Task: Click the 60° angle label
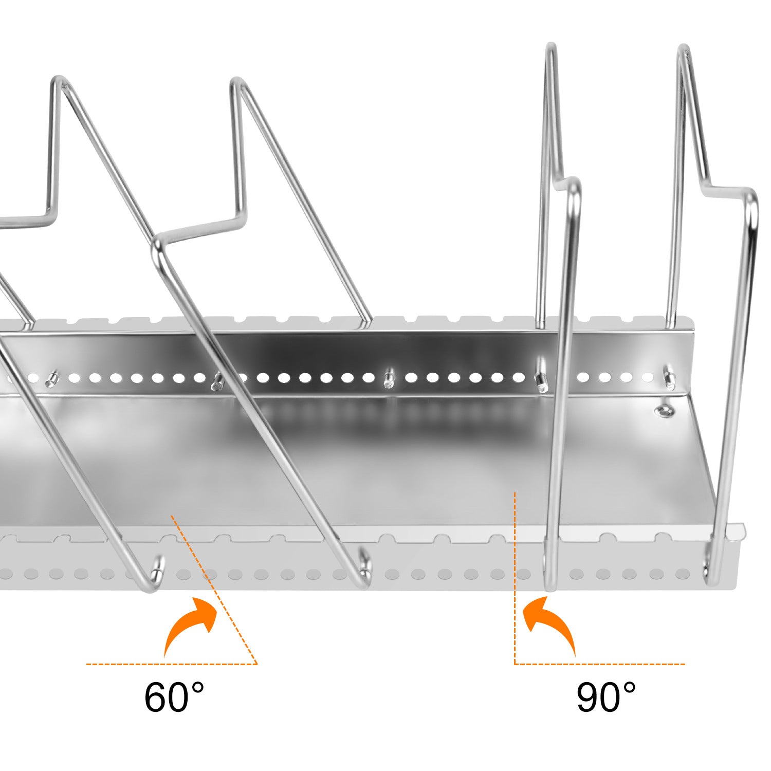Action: point(174,697)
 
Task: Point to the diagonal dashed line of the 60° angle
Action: point(216,591)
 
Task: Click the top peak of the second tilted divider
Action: point(236,82)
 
